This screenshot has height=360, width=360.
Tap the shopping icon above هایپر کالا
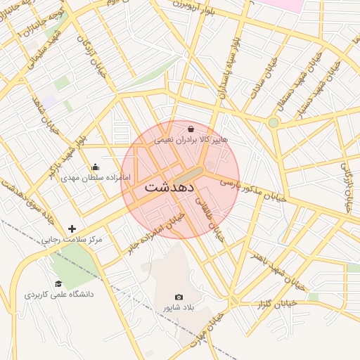[x=191, y=129]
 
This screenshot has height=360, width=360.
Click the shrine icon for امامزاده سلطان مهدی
[x=96, y=167]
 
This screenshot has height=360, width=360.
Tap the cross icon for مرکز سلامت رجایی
[x=72, y=229]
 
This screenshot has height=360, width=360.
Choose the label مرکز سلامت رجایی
[x=70, y=240]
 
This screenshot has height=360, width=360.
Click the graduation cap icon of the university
[x=58, y=283]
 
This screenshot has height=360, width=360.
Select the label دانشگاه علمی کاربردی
[x=60, y=295]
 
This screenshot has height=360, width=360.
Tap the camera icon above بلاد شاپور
[x=178, y=297]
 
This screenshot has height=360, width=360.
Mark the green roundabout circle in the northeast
[x=273, y=122]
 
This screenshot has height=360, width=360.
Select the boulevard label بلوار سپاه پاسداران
[x=230, y=67]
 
